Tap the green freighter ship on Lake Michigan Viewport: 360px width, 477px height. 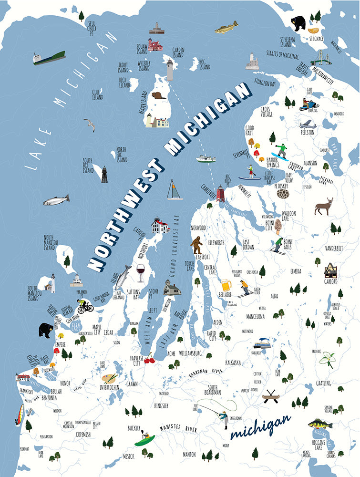click(x=49, y=58)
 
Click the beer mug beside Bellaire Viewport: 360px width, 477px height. click(x=226, y=285)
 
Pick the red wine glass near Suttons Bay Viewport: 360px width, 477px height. click(x=141, y=274)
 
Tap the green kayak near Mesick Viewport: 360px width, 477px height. click(x=144, y=440)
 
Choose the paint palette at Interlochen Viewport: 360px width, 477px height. click(x=109, y=378)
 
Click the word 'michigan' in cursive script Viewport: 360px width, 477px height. click(x=260, y=427)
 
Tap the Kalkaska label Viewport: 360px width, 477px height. click(x=235, y=362)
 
